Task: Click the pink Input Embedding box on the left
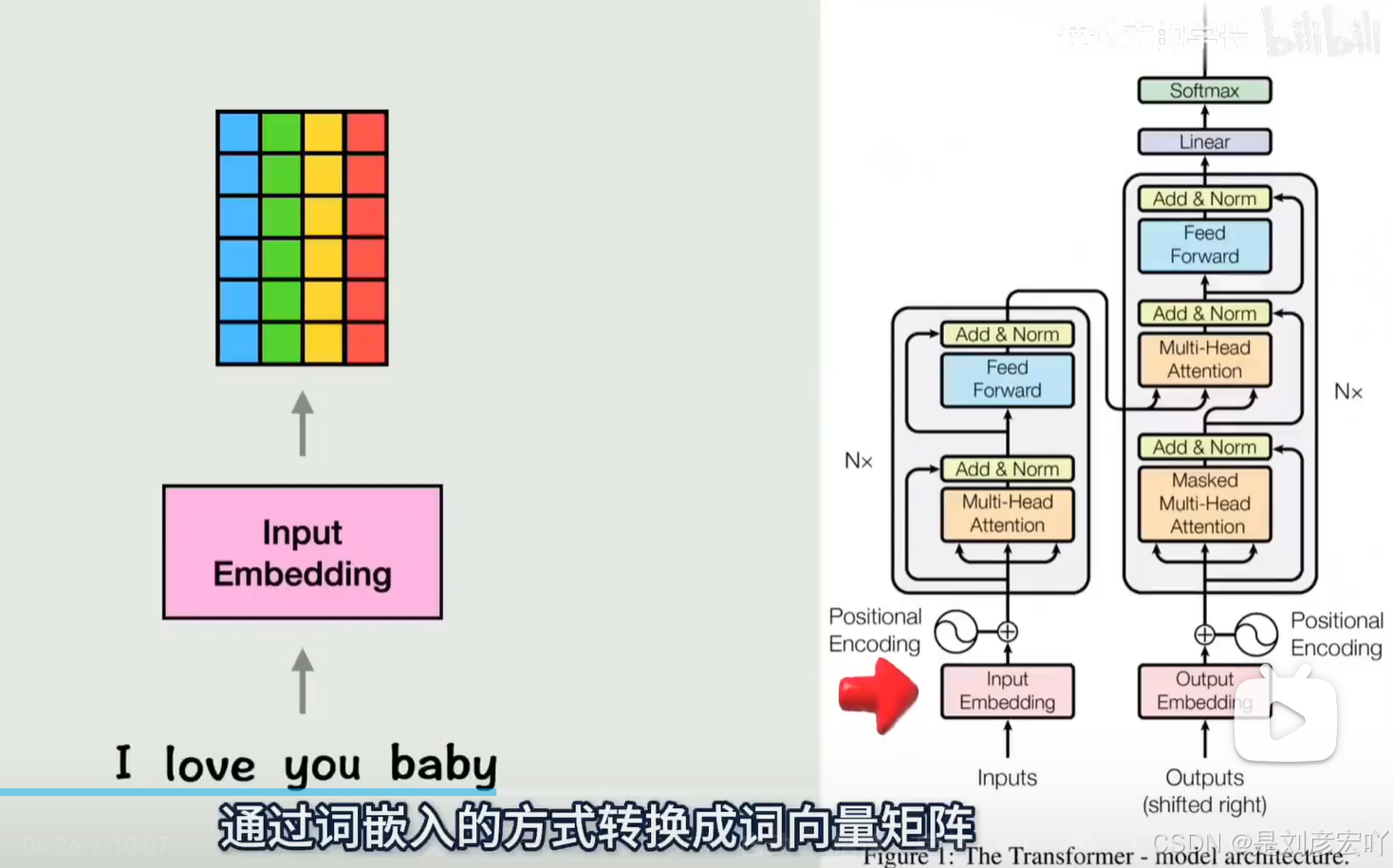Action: click(x=302, y=552)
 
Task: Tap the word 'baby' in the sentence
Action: click(x=443, y=765)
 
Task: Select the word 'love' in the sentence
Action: click(x=210, y=765)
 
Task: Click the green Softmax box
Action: click(x=1204, y=91)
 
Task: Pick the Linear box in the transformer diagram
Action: click(x=1204, y=142)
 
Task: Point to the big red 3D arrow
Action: click(x=878, y=695)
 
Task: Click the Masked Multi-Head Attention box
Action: click(x=1204, y=504)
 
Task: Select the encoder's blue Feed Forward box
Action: click(x=1007, y=379)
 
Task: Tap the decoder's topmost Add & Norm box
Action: click(x=1204, y=199)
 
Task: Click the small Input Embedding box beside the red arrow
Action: click(x=1007, y=691)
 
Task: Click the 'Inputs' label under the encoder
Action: click(x=1007, y=778)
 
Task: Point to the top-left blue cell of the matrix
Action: click(x=238, y=133)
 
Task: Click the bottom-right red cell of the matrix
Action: click(x=366, y=342)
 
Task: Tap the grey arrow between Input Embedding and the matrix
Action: click(x=303, y=424)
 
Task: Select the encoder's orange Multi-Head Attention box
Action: click(x=1007, y=514)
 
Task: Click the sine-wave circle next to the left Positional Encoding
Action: click(x=956, y=632)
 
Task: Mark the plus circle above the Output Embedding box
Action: click(x=1204, y=635)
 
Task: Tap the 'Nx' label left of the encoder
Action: click(x=858, y=461)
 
